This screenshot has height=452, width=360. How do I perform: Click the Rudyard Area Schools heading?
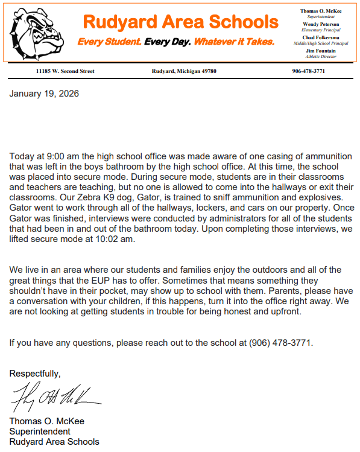point(180,22)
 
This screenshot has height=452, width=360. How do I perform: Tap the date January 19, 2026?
point(44,94)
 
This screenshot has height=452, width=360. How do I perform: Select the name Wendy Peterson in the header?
point(321,24)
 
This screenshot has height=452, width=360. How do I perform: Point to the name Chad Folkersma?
point(321,38)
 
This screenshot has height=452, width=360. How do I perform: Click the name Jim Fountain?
point(321,51)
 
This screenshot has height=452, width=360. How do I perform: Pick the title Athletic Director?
point(321,57)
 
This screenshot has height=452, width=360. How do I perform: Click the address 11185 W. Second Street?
point(65,71)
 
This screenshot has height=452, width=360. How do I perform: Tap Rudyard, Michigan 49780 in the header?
point(184,71)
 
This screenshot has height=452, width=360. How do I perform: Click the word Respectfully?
point(34,374)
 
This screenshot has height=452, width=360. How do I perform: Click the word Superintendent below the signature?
point(39,431)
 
